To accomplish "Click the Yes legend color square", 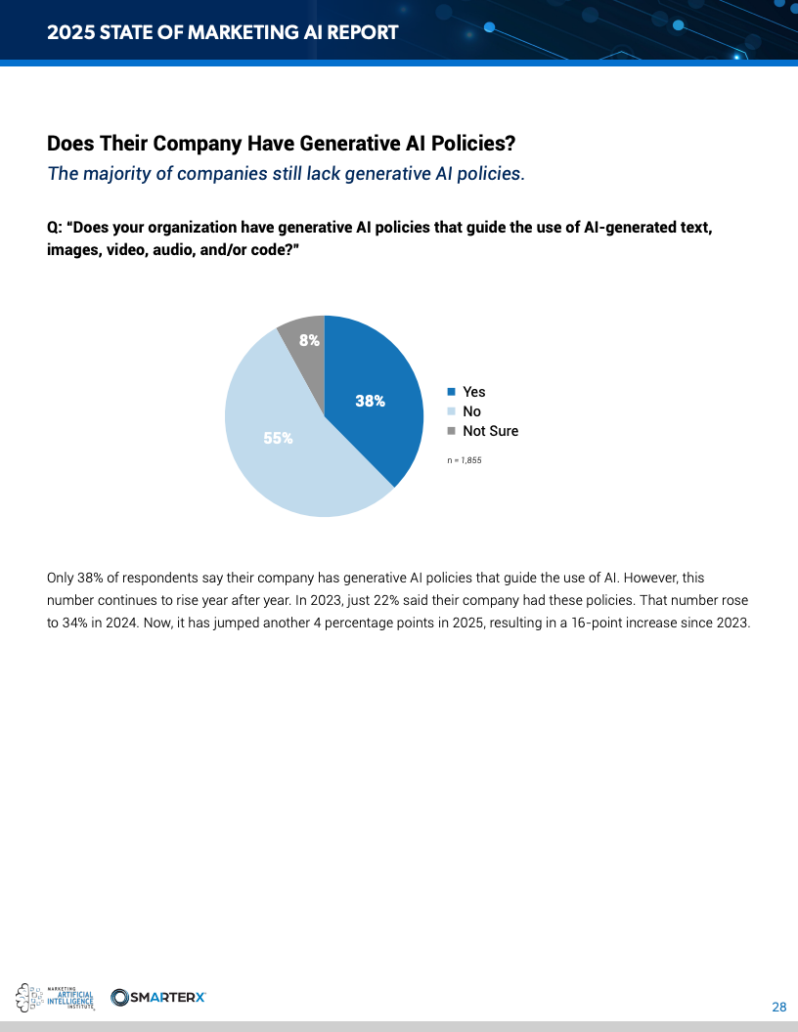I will (451, 392).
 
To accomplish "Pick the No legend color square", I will (451, 411).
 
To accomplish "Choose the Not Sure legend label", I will (490, 431).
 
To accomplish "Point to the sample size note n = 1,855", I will (465, 459).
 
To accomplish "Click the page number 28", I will (779, 1008).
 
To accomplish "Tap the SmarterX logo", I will (158, 997).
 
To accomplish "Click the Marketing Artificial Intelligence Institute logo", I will (57, 997).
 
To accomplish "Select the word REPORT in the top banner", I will (358, 32).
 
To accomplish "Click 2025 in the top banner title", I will (68, 32).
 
